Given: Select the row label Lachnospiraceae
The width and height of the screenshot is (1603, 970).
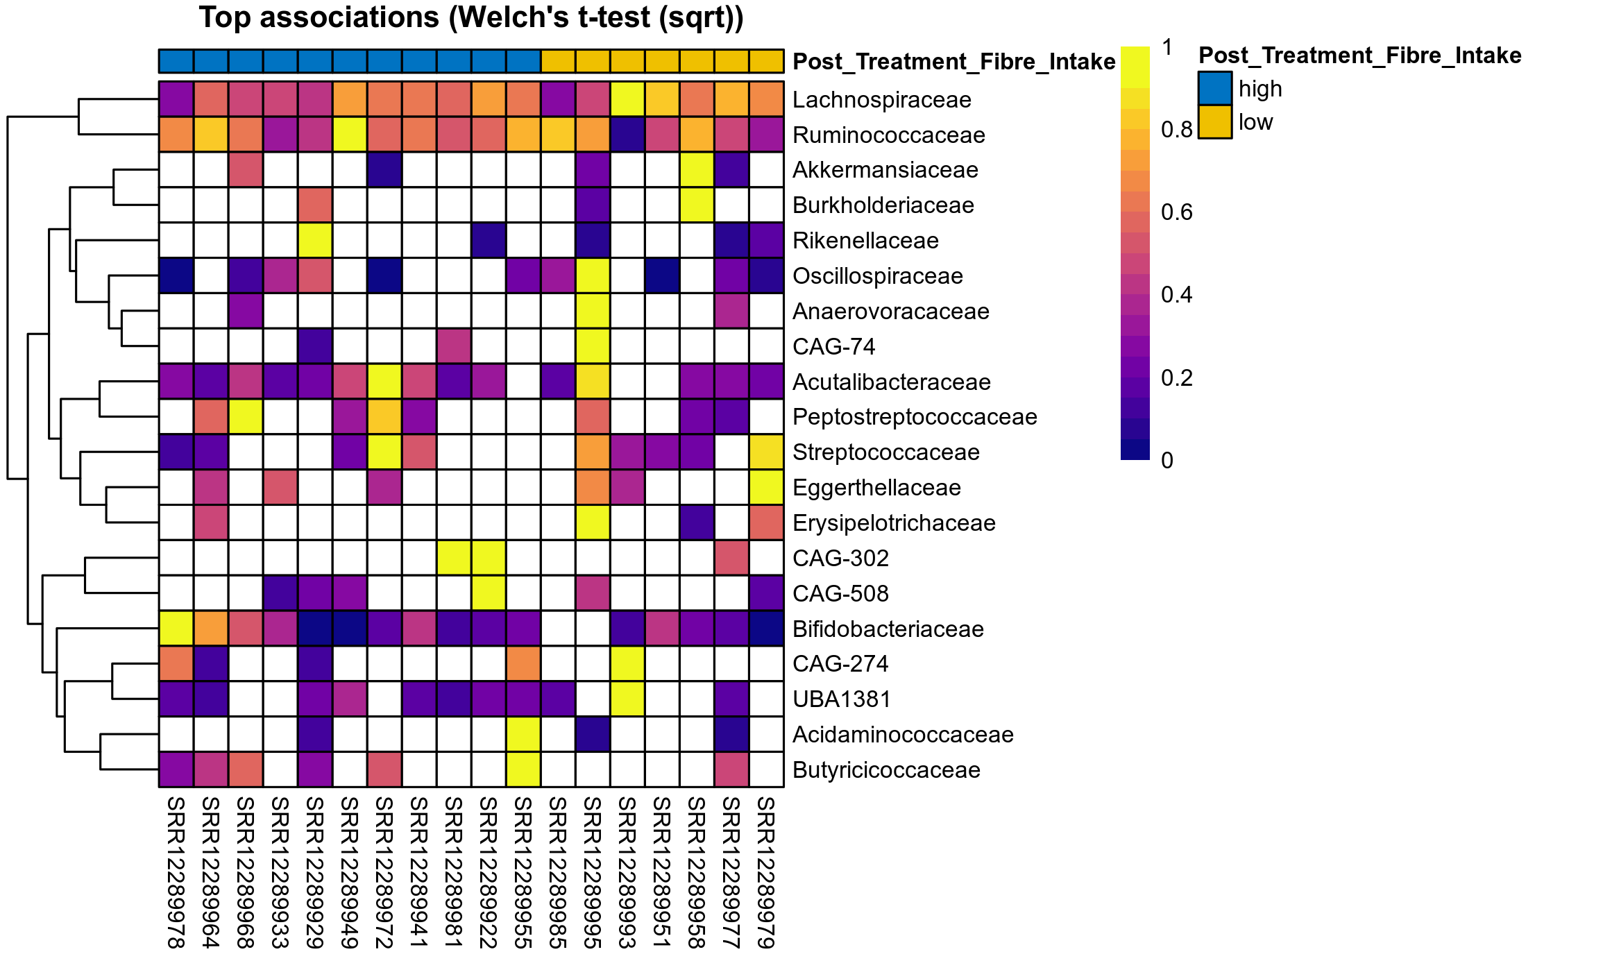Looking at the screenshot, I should pyautogui.click(x=881, y=100).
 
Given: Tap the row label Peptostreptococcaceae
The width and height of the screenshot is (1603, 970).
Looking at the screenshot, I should pyautogui.click(x=915, y=417).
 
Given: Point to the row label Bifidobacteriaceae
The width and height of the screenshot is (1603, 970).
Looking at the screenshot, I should pyautogui.click(x=888, y=629).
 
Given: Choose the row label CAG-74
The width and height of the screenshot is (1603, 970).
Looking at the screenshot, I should pyautogui.click(x=833, y=347).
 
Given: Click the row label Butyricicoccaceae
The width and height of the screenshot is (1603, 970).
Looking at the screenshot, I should pyautogui.click(x=886, y=770).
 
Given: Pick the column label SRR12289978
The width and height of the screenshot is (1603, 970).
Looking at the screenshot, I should pyautogui.click(x=176, y=872).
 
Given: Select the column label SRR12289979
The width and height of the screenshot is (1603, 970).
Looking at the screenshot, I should pyautogui.click(x=766, y=872).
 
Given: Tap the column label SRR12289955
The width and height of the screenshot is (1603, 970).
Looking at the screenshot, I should pyautogui.click(x=523, y=872).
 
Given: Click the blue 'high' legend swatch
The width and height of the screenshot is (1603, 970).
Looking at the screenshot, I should pyautogui.click(x=1214, y=88).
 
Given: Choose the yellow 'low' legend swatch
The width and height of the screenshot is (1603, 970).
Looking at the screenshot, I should pyautogui.click(x=1214, y=122).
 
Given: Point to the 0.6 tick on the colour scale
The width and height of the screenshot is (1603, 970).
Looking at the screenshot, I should pyautogui.click(x=1176, y=212).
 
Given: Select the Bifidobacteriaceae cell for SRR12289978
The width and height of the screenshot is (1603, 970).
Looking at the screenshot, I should pyautogui.click(x=176, y=629).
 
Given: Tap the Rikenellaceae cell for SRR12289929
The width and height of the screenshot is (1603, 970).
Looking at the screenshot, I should pyautogui.click(x=315, y=241).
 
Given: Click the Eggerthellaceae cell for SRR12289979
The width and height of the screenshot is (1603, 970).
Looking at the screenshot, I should pyautogui.click(x=766, y=488).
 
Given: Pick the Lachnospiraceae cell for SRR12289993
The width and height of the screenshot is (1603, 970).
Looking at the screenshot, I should pyautogui.click(x=627, y=100).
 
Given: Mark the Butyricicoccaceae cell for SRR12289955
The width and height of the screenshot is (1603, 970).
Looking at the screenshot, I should pyautogui.click(x=523, y=770).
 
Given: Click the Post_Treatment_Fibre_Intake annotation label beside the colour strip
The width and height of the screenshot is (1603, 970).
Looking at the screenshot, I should pyautogui.click(x=953, y=62).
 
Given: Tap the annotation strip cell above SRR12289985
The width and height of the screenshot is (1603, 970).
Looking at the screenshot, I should pyautogui.click(x=558, y=61).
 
